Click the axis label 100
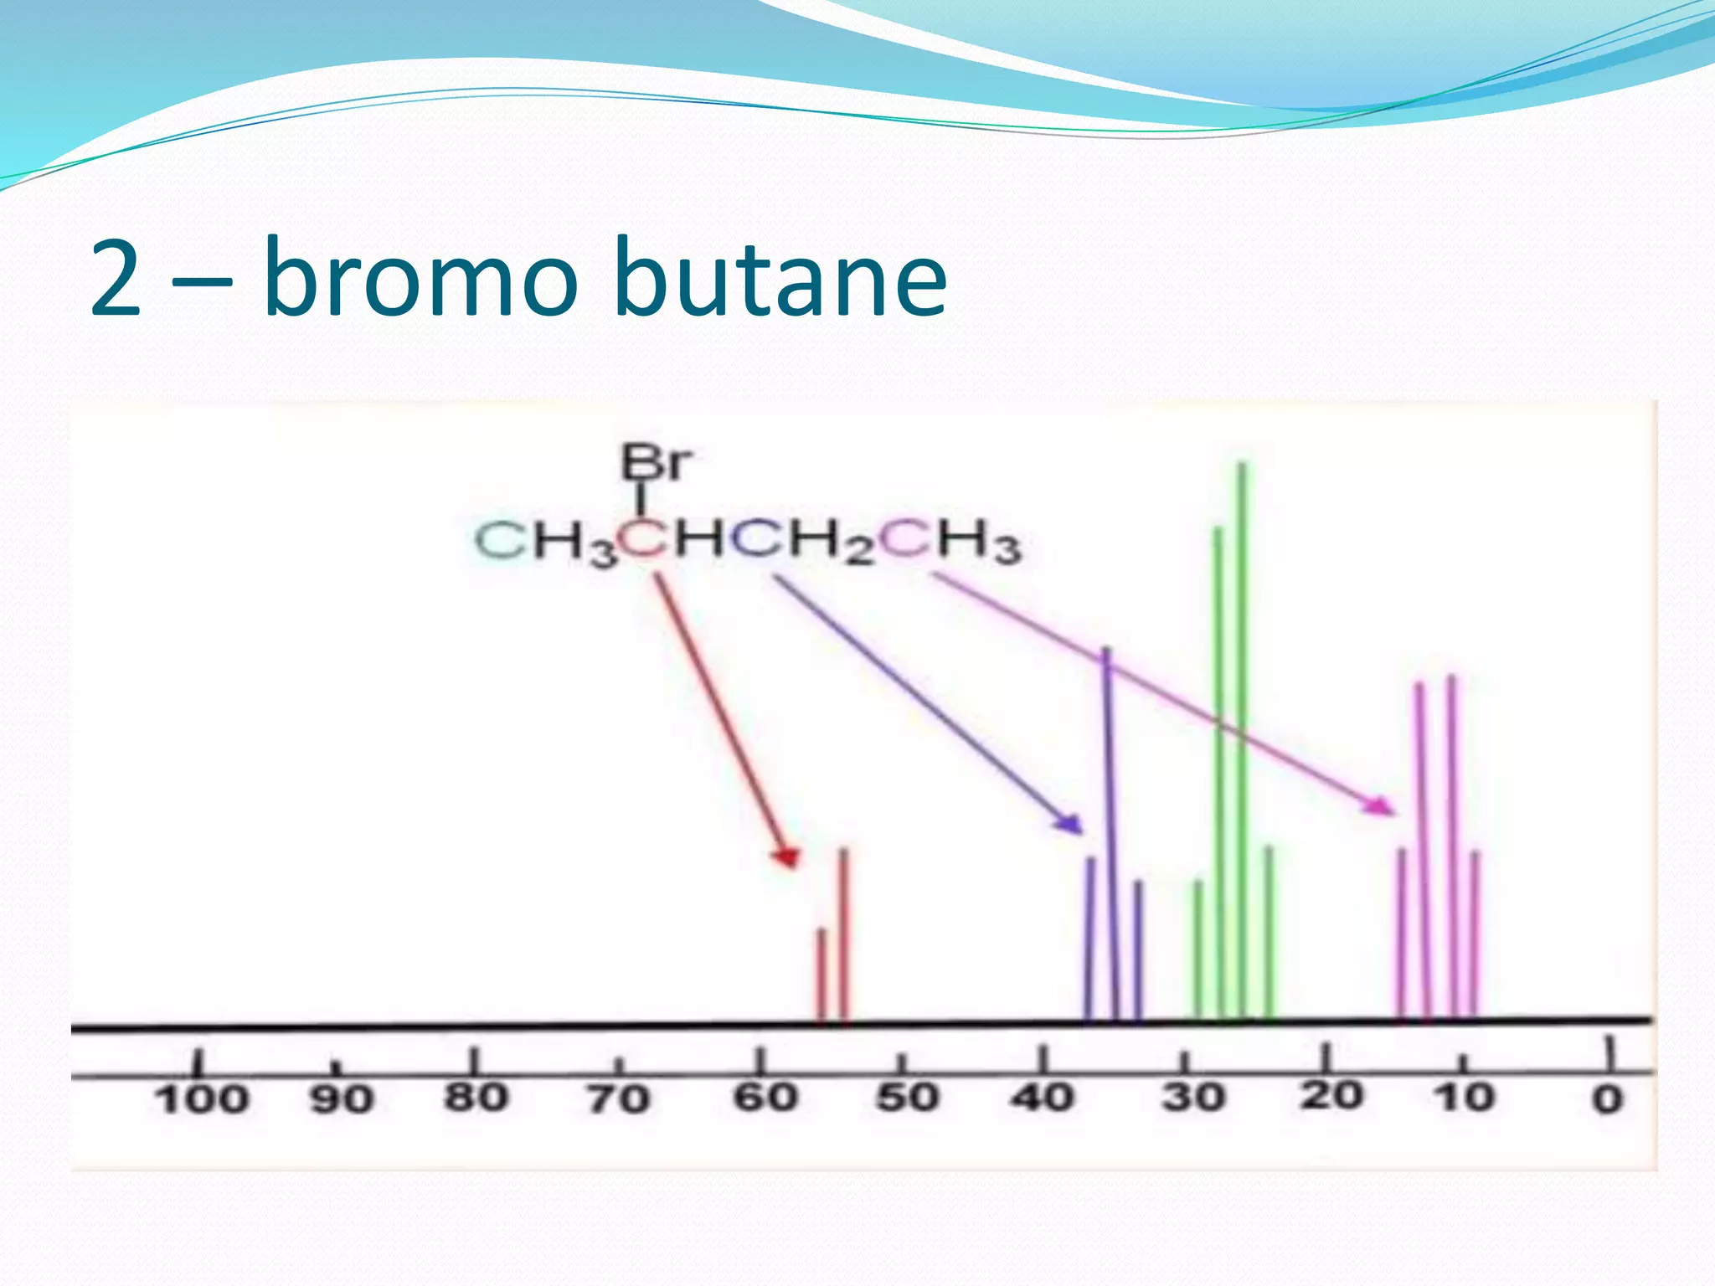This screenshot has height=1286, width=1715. (x=202, y=1099)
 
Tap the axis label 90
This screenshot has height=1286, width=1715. (x=341, y=1099)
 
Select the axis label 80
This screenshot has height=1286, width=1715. (x=476, y=1098)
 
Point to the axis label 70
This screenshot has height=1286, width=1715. (x=618, y=1099)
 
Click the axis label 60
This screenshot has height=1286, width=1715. (x=765, y=1098)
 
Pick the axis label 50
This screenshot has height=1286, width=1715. (x=907, y=1098)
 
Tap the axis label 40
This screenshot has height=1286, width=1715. (x=1043, y=1097)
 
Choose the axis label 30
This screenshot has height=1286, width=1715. (x=1192, y=1097)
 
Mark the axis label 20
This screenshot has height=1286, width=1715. (x=1331, y=1095)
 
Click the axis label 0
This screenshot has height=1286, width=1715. (x=1607, y=1099)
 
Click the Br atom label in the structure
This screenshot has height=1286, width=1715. (x=656, y=462)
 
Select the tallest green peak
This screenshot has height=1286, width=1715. (x=1242, y=737)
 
